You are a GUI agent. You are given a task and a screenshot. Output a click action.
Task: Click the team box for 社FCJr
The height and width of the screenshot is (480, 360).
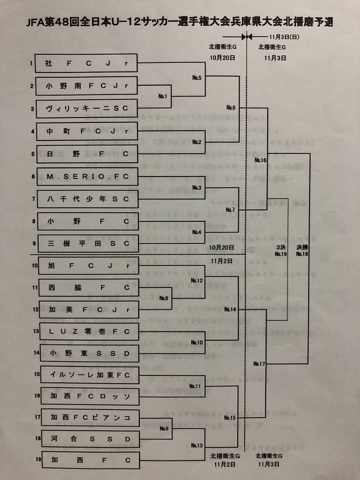click(86, 63)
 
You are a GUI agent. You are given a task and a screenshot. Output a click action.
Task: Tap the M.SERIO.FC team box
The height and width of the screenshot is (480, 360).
click(87, 176)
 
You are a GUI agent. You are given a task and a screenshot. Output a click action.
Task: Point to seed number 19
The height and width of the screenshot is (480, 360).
click(38, 459)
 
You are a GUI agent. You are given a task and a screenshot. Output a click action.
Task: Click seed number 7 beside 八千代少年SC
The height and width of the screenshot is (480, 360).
click(33, 199)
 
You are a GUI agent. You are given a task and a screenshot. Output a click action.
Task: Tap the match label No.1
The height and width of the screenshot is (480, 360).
click(162, 96)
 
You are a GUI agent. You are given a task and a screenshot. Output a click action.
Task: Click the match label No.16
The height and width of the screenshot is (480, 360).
click(260, 160)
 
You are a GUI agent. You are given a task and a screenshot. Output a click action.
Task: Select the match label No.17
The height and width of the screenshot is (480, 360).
click(259, 364)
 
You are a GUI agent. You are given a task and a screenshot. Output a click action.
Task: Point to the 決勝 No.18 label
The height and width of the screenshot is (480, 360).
click(302, 251)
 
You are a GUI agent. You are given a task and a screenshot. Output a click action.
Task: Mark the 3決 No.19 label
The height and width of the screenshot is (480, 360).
click(281, 251)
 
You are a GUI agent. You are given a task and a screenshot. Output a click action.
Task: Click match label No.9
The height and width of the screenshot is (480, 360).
click(164, 429)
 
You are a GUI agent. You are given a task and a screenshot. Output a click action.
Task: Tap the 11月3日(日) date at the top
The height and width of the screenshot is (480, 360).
click(284, 37)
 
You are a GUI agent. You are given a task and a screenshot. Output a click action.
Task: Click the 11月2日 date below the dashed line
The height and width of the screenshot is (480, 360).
click(221, 261)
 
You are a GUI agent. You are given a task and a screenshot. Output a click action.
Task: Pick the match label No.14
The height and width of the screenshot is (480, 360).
click(230, 309)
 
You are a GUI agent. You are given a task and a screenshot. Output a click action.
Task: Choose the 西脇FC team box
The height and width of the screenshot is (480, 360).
click(89, 288)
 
